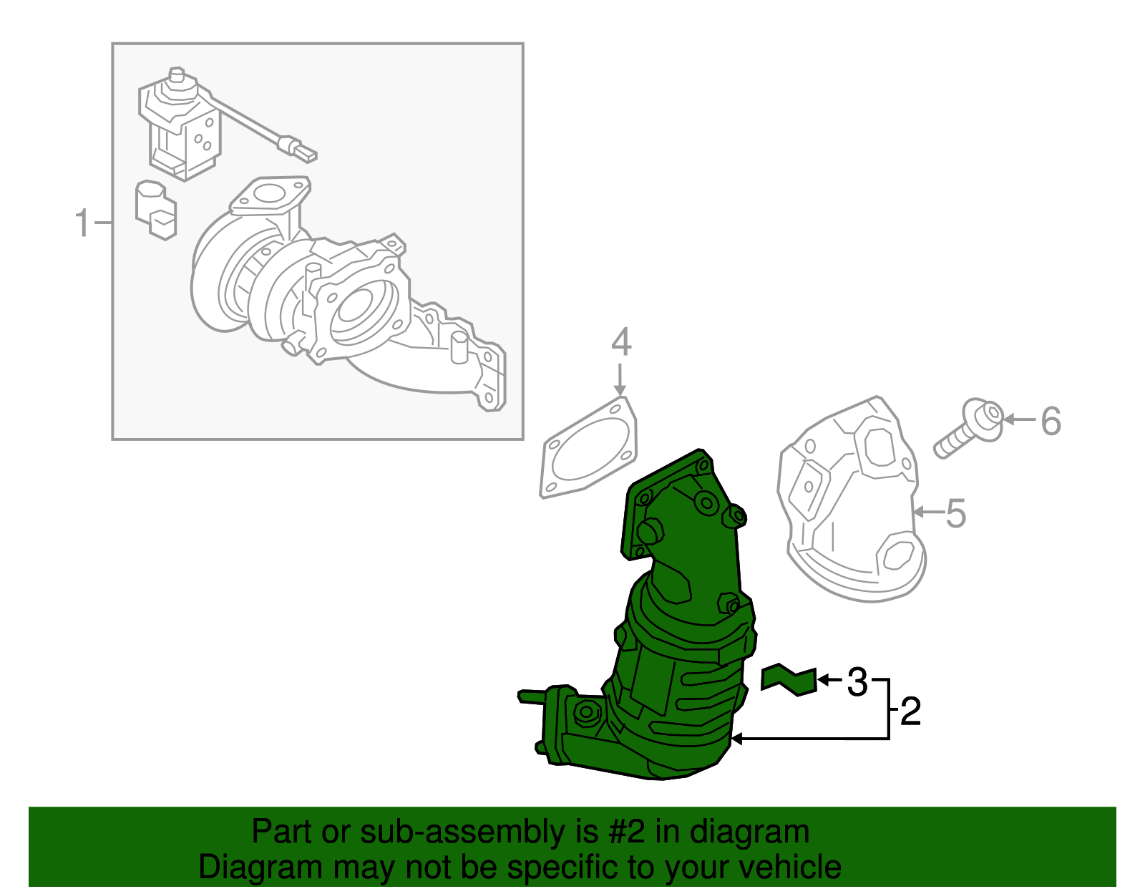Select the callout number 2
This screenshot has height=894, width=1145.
click(910, 711)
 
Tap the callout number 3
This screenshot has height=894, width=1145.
click(857, 682)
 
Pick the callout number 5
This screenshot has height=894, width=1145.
click(956, 513)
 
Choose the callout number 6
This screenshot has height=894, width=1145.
click(1051, 421)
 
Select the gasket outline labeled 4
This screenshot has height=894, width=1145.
click(588, 449)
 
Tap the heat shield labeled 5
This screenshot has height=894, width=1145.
click(852, 501)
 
